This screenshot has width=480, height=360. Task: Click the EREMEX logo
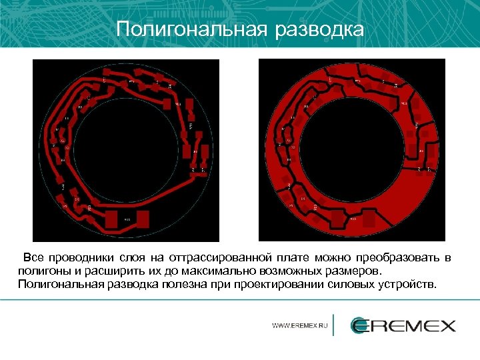[403, 325]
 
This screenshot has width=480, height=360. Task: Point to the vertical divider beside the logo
[333, 325]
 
